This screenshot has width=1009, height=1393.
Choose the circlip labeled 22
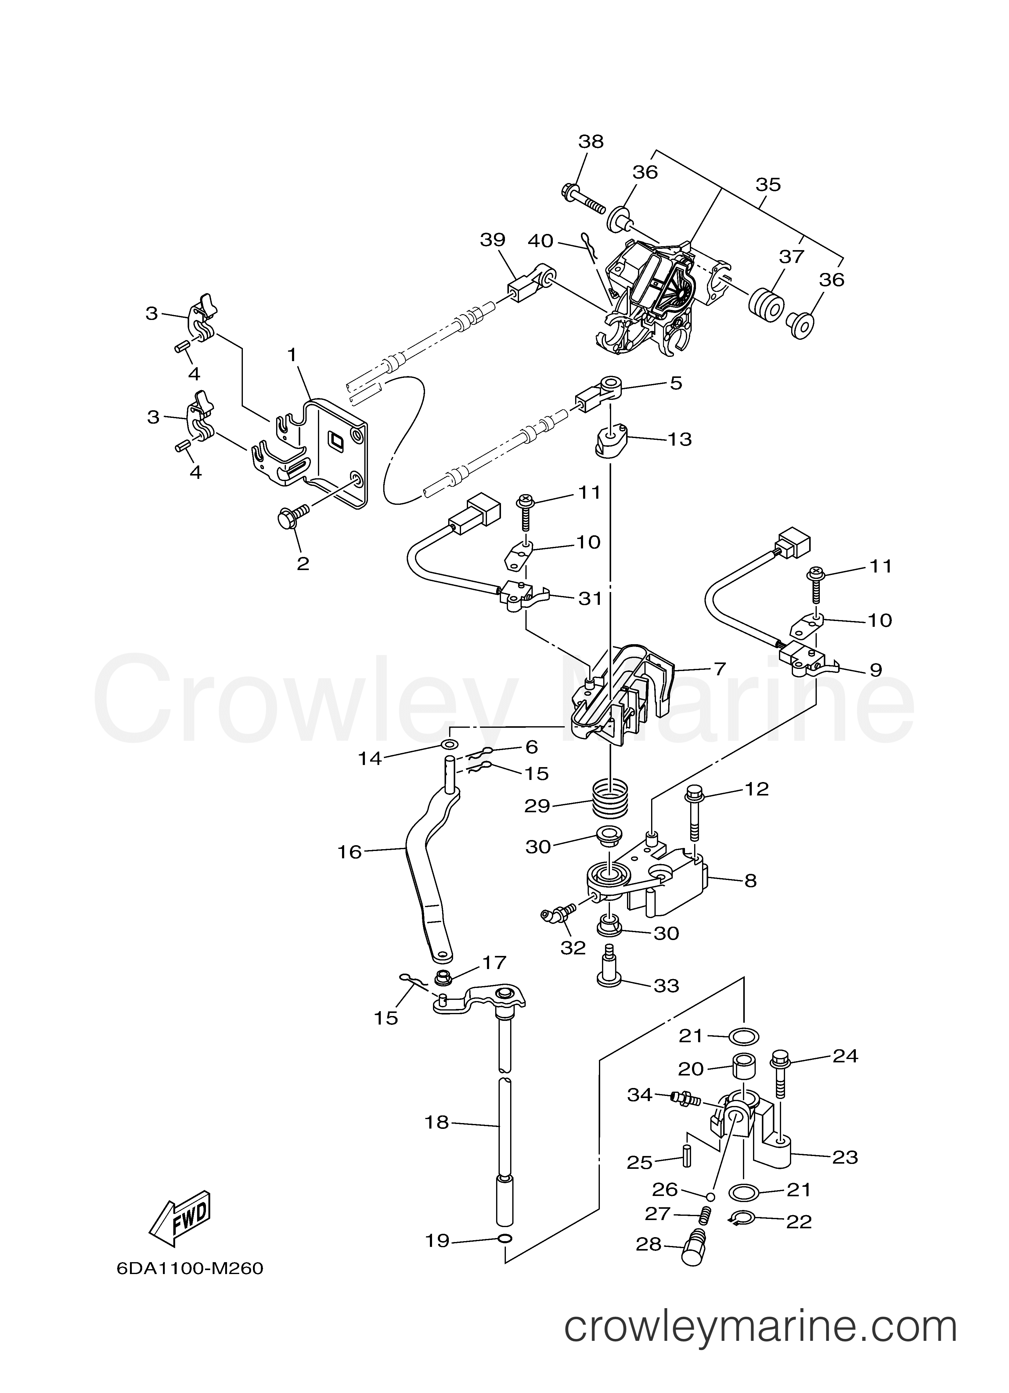click(x=739, y=1218)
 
